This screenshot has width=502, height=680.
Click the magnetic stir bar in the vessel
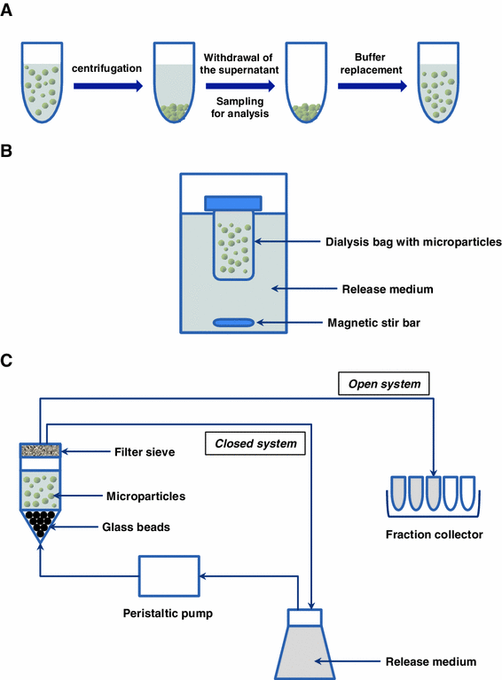point(231,322)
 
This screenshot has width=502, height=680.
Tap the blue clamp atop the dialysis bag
point(231,203)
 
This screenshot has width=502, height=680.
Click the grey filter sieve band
point(41,450)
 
